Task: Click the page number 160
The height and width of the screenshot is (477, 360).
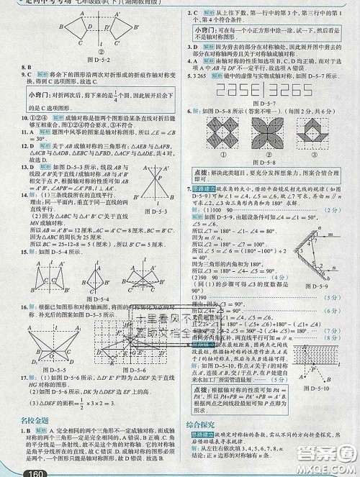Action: pos(15,472)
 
